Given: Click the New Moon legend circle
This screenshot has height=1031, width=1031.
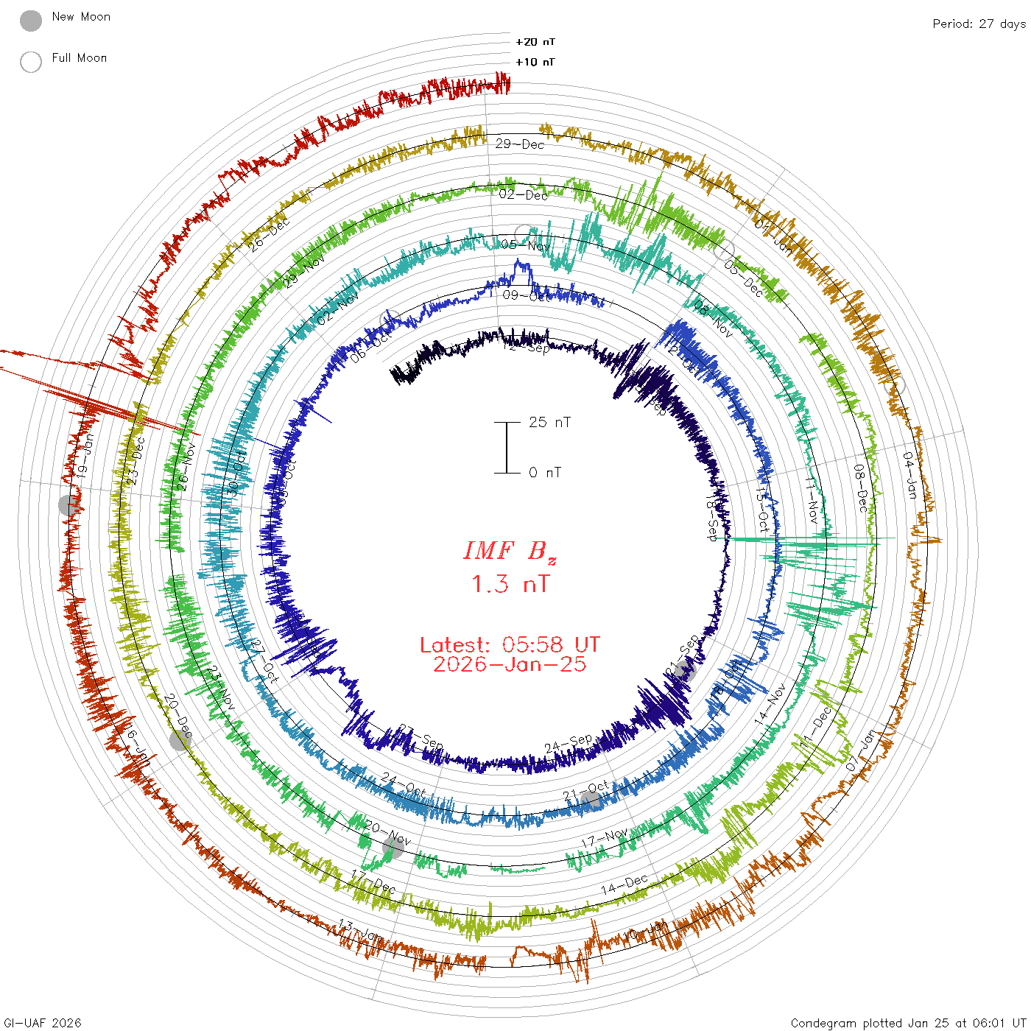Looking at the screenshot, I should pos(31,21).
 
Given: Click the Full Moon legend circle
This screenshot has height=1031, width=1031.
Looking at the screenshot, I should pos(31,63).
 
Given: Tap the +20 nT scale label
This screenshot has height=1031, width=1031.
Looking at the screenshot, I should pos(535,42).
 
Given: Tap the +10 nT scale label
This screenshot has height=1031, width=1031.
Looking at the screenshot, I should pos(535,62).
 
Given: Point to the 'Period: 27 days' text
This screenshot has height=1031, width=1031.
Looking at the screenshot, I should pos(979,24).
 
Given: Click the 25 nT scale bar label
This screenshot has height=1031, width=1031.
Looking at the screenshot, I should pos(549,422).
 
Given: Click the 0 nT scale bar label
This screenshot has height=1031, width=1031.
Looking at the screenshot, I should pos(544,472).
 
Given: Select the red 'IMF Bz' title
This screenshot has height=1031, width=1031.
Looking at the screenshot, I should pos(510,551).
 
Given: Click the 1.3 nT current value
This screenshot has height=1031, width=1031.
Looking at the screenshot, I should pos(510,585).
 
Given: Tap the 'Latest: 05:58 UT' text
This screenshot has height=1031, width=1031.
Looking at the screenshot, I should pos(510,645).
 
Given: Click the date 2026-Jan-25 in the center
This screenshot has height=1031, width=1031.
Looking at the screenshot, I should pos(510,664).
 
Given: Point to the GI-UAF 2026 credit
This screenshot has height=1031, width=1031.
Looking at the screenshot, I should pos(42,1023).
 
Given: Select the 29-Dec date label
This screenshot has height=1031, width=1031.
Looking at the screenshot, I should pos(520,144).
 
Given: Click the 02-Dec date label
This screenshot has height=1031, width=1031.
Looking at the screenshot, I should pos(524,194).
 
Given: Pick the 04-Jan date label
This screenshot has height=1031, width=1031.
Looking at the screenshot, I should pos(910,475).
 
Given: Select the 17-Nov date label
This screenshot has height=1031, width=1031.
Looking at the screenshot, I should pos(605,838).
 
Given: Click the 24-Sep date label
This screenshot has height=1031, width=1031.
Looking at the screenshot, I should pos(568,744).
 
